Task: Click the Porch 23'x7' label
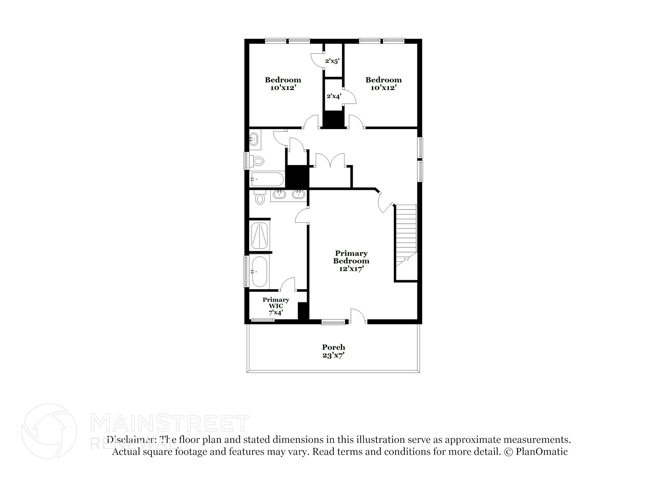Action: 334,351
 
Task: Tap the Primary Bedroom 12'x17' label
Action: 351,261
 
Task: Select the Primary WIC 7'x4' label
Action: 276,306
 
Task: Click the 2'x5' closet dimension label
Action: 332,61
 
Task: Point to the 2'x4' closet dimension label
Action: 334,96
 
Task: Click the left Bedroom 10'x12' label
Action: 283,83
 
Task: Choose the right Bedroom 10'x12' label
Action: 383,83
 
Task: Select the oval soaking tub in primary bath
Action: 259,271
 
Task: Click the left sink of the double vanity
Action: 279,194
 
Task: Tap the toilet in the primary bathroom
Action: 260,197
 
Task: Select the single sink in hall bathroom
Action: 254,140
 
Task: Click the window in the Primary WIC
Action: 263,320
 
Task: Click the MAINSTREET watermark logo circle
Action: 49,431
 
